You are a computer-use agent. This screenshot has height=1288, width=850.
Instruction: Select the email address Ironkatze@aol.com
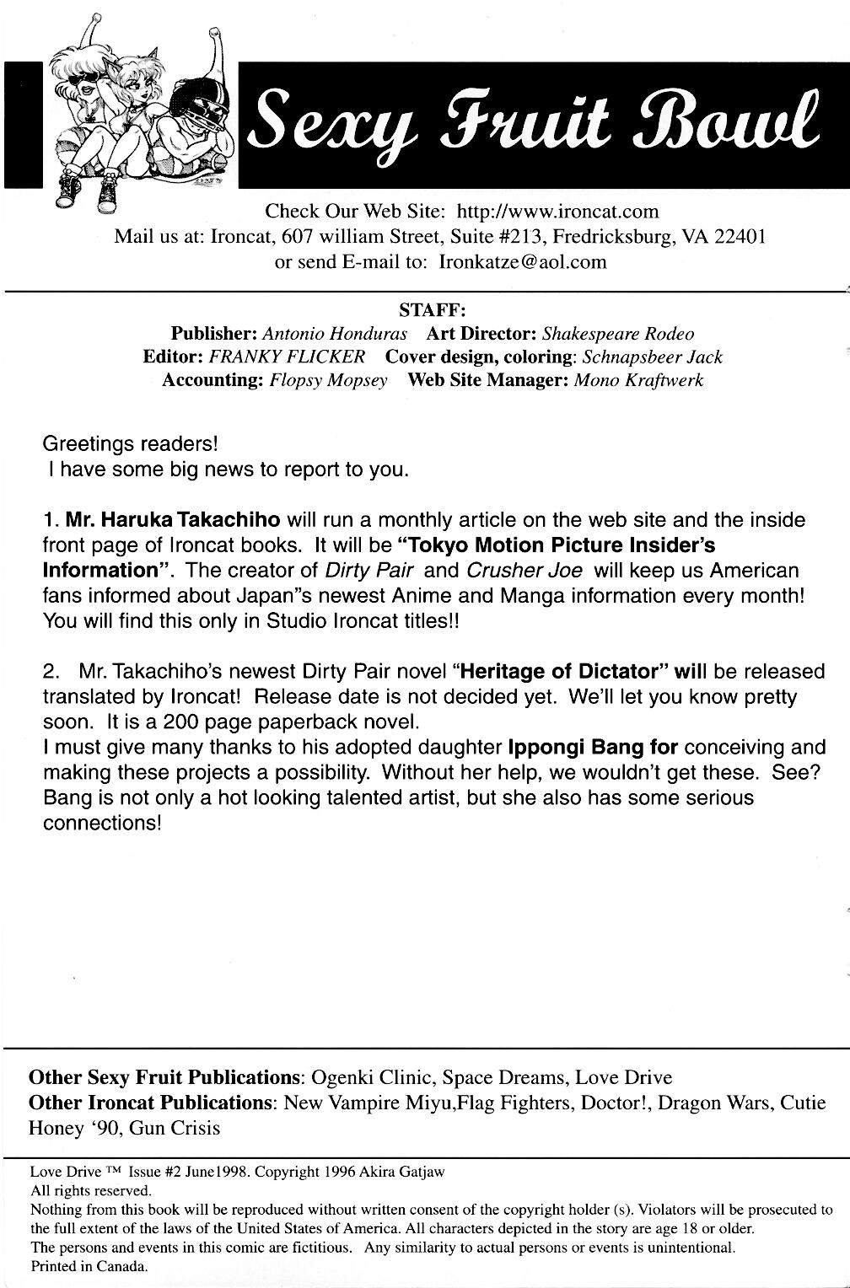(x=523, y=261)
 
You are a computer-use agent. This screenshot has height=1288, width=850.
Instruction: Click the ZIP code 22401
(x=740, y=236)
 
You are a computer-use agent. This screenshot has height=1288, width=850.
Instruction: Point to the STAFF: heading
(x=433, y=309)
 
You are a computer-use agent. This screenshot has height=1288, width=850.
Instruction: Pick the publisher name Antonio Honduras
(x=335, y=333)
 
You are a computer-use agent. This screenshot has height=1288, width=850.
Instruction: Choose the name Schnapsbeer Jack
(x=647, y=357)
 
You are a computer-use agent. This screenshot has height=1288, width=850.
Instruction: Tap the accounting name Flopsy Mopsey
(x=328, y=380)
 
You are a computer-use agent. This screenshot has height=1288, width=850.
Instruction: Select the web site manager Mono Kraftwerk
(x=638, y=380)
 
